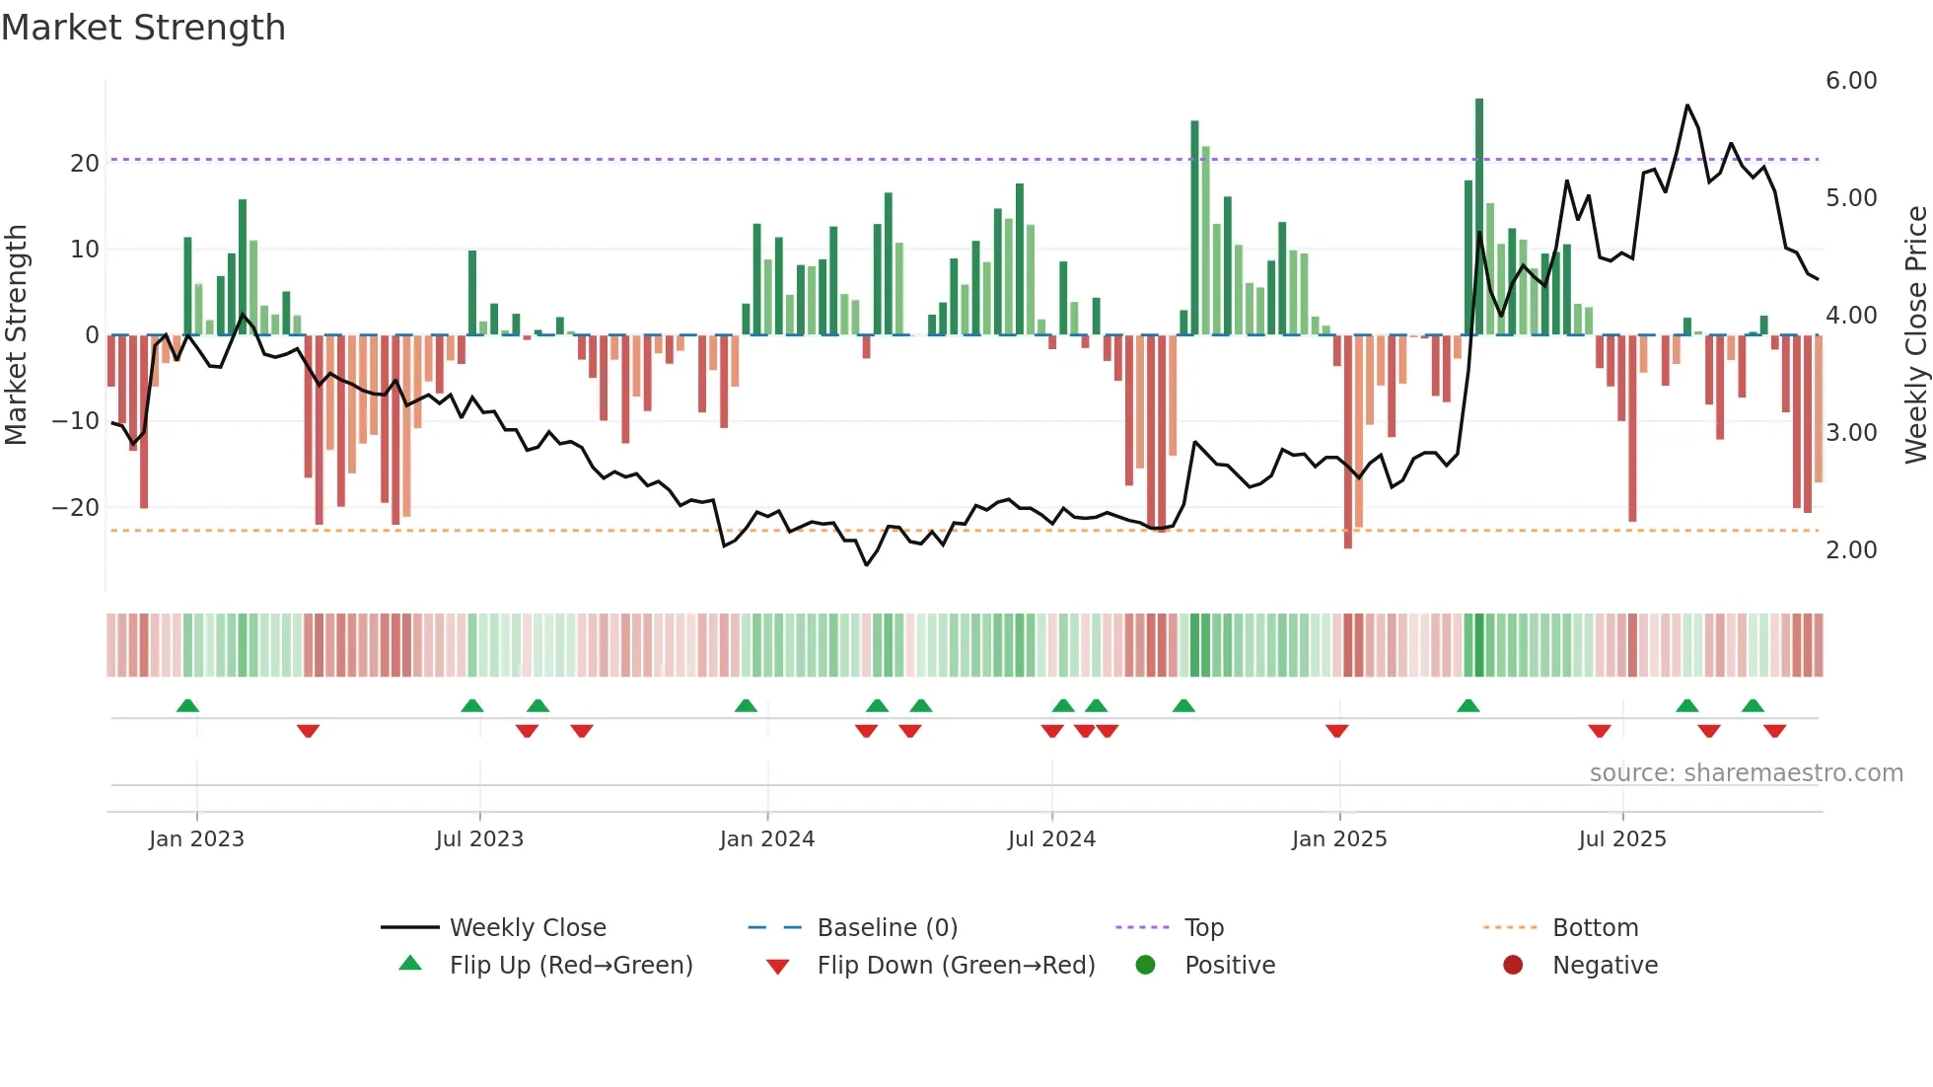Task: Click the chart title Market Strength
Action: coord(143,28)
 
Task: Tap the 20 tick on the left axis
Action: coord(85,163)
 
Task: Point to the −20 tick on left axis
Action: coord(76,507)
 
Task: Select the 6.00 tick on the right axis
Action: coord(1850,81)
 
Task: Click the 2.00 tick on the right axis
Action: coord(1850,550)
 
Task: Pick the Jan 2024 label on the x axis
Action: coord(766,839)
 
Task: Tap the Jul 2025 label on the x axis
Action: coord(1621,839)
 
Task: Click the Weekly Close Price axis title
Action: coord(1915,335)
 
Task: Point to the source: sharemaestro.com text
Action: coord(1746,773)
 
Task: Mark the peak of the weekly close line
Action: coord(1687,106)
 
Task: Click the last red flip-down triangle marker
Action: coord(1775,731)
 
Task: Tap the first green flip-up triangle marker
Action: coord(187,705)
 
